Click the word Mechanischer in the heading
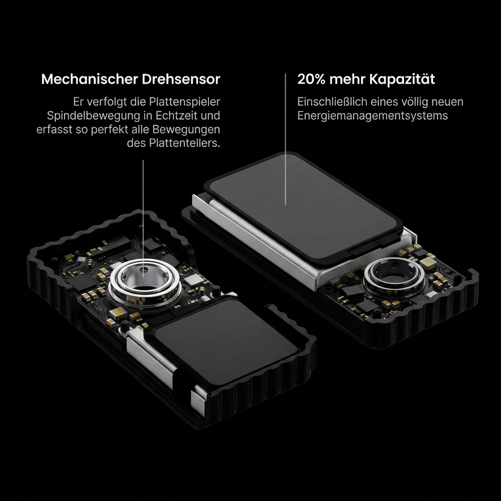tap(90, 79)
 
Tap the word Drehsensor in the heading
tap(181, 79)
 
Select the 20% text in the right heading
tap(311, 79)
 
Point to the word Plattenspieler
tap(184, 102)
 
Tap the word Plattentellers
tap(184, 143)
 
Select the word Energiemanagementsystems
tap(372, 115)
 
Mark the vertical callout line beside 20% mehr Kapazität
tap(285, 139)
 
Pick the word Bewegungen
tap(186, 130)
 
